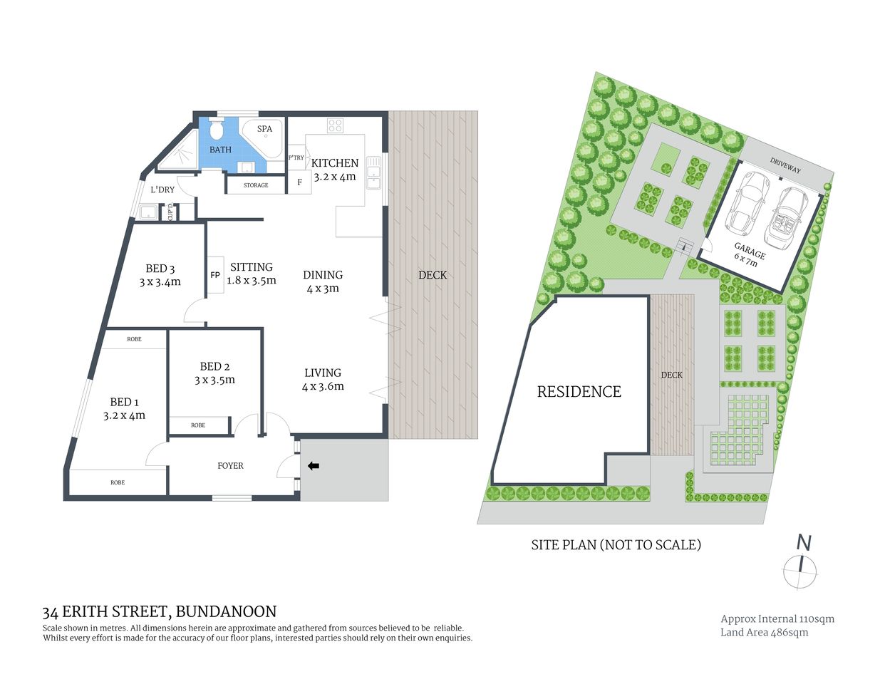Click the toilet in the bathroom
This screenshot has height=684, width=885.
click(217, 130)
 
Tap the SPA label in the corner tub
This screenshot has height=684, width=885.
click(264, 129)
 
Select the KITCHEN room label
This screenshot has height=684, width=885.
click(335, 163)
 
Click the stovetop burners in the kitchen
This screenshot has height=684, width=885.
click(335, 125)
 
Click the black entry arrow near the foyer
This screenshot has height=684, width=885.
click(313, 466)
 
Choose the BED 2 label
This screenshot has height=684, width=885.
click(214, 367)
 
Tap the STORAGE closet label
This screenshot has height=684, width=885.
click(256, 185)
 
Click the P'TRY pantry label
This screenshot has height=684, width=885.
click(296, 157)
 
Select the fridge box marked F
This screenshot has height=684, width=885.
click(299, 182)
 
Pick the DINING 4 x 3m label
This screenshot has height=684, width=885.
click(323, 281)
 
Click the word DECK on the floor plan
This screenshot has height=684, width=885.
click(433, 275)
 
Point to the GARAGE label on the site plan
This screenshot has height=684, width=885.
click(749, 250)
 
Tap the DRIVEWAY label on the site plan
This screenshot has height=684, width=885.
click(785, 166)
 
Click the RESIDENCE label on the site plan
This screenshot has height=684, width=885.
click(579, 392)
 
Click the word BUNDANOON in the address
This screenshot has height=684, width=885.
click(226, 611)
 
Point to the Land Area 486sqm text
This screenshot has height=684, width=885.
click(764, 632)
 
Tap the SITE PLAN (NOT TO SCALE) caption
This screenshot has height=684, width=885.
click(616, 545)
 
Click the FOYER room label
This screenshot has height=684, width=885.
click(230, 466)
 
